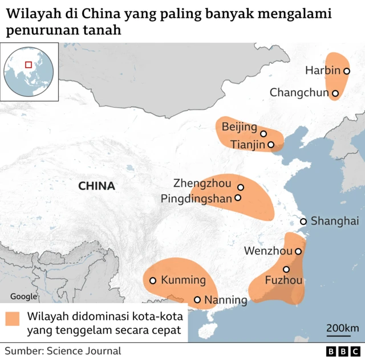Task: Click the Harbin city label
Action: [x=323, y=71]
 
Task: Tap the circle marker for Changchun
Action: [x=335, y=93]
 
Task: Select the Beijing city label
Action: [x=240, y=126]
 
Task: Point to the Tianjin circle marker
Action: [x=271, y=145]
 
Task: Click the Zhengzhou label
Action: [x=202, y=183]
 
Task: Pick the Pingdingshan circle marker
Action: [x=238, y=198]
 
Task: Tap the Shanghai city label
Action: [x=335, y=222]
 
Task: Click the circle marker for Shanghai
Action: [x=303, y=222]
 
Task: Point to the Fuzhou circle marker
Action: [x=286, y=269]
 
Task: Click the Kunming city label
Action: [x=182, y=280]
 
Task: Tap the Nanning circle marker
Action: [x=197, y=300]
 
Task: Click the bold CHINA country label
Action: [x=96, y=186]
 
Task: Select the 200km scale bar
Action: [x=342, y=332]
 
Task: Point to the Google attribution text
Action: [x=23, y=296]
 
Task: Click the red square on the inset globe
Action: [x=29, y=64]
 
